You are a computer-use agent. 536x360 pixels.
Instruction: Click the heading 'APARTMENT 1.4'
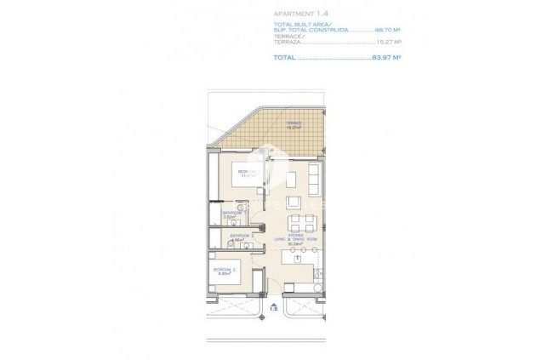pyautogui.click(x=299, y=14)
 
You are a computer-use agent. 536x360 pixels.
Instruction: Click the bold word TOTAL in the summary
pyautogui.click(x=285, y=58)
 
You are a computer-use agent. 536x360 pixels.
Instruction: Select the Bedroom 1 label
pyautogui.click(x=247, y=174)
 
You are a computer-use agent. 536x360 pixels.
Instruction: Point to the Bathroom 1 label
pyautogui.click(x=232, y=214)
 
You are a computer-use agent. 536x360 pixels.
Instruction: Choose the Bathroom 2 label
pyautogui.click(x=239, y=237)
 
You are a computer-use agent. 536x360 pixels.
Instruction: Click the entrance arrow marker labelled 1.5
pyautogui.click(x=272, y=309)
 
